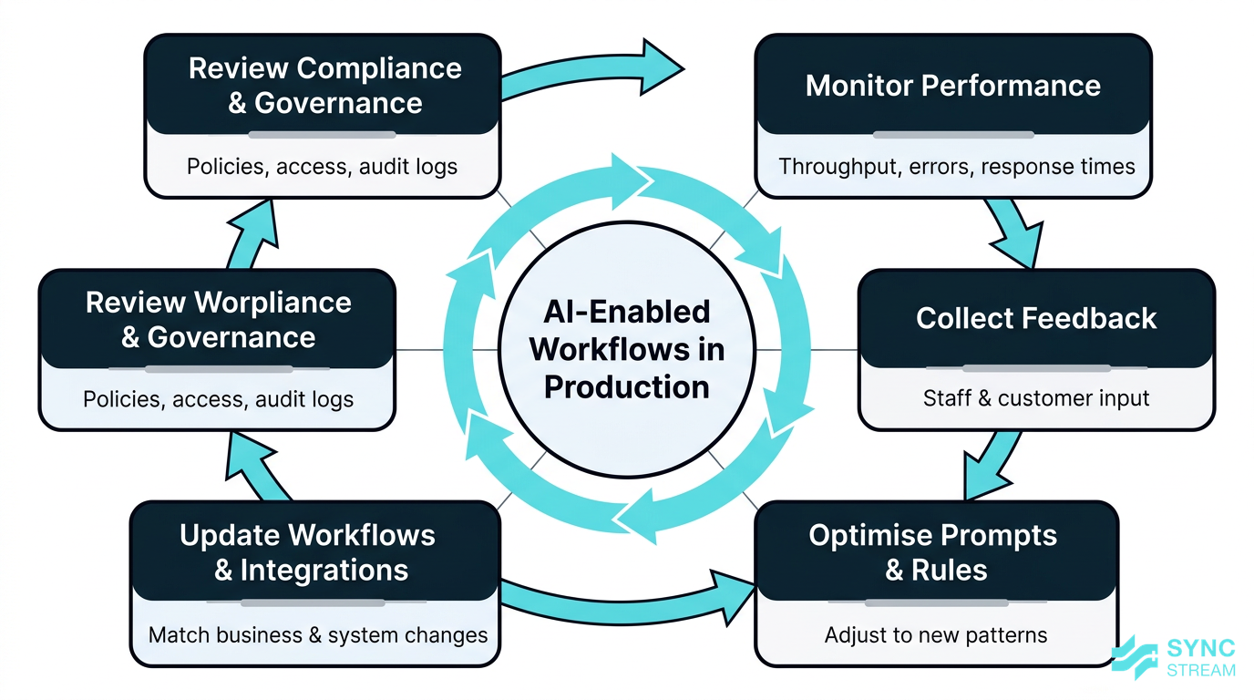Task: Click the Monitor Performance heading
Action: [x=953, y=86]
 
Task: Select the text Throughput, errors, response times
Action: [x=957, y=167]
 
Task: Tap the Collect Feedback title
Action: [x=1036, y=319]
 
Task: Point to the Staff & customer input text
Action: [x=1036, y=398]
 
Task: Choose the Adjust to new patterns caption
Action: [x=936, y=634]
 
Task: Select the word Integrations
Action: [x=324, y=571]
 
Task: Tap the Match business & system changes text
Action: [x=318, y=634]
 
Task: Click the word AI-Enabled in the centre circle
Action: [x=626, y=312]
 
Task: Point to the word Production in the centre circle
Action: [x=626, y=386]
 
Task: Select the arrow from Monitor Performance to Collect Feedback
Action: [x=1012, y=232]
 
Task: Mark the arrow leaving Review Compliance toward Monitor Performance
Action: [x=592, y=73]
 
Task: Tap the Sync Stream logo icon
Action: [x=1135, y=657]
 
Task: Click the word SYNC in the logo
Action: [x=1201, y=649]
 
